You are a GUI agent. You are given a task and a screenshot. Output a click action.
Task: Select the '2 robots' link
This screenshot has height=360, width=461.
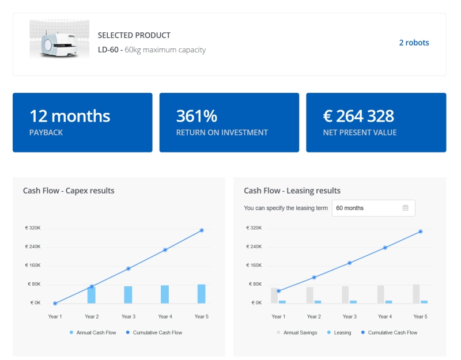[414, 43]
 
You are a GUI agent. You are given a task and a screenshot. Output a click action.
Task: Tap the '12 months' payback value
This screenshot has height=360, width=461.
[70, 116]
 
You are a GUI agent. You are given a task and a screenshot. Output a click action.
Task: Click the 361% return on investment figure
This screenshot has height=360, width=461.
[197, 116]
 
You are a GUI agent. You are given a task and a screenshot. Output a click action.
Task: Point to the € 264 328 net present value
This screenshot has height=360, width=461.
[358, 116]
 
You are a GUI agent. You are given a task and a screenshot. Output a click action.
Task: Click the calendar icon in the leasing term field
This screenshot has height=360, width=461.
[405, 208]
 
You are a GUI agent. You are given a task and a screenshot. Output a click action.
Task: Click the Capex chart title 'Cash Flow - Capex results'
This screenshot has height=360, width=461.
[69, 191]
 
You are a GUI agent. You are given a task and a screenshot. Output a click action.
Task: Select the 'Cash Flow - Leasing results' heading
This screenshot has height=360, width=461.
[292, 191]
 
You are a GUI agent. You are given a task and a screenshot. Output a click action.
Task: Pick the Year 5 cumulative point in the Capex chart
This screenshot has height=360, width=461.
[202, 230]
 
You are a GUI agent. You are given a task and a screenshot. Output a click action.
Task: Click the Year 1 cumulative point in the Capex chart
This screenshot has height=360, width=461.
[55, 303]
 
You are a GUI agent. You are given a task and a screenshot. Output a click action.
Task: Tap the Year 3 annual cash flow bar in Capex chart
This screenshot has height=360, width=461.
[128, 294]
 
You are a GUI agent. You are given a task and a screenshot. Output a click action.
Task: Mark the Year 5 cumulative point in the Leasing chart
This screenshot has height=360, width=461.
[421, 232]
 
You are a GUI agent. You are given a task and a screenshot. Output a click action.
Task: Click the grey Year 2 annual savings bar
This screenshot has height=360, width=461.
[310, 295]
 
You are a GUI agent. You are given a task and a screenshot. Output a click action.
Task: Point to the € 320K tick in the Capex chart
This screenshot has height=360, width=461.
[33, 228]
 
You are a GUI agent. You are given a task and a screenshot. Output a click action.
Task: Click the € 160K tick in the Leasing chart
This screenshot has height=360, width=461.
[254, 266]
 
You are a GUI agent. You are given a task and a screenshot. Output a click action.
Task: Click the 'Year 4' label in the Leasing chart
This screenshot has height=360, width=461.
[385, 317]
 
